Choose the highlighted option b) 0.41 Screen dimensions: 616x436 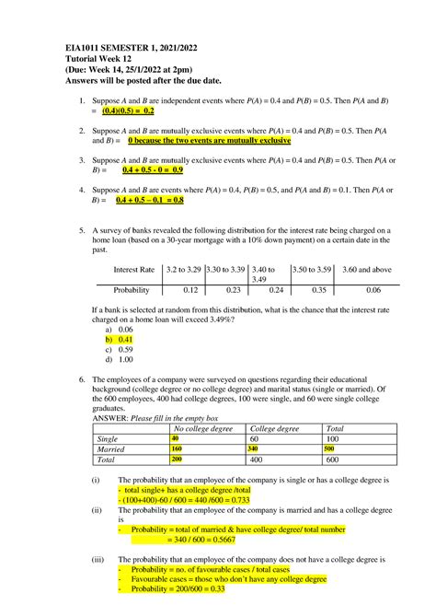click(120, 338)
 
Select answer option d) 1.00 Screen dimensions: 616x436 click(120, 359)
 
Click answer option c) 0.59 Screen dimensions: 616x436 click(120, 349)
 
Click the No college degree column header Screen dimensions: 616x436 click(203, 428)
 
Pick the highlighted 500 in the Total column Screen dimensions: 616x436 click(330, 448)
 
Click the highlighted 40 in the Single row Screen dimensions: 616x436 click(175, 438)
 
